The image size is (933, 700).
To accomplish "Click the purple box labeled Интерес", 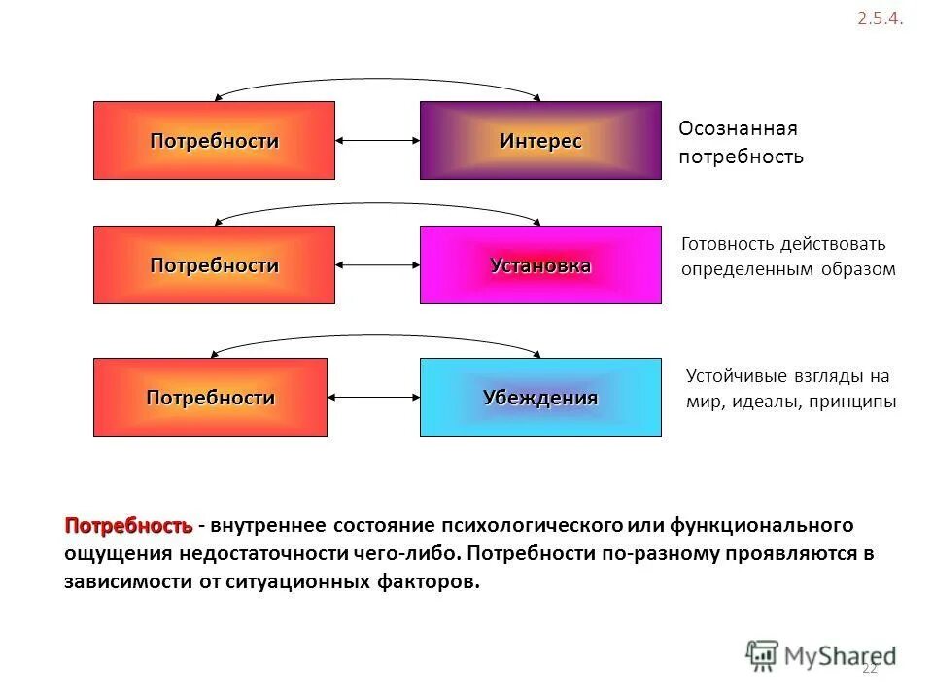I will tap(540, 141).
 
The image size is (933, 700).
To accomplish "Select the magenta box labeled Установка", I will tap(540, 265).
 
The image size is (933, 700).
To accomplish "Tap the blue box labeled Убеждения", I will tap(540, 398).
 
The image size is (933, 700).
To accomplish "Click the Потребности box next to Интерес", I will tap(214, 141).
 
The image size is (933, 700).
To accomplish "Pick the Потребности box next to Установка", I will tap(214, 265).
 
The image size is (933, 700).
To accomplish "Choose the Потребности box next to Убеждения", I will tap(210, 398).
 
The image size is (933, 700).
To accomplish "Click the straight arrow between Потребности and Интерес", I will tap(377, 142).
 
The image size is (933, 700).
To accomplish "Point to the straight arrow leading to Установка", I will tap(377, 264).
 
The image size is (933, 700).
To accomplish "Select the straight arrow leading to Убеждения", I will tap(373, 397).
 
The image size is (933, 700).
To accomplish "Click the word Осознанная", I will tap(738, 129).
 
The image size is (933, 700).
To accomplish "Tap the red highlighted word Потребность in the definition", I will tap(128, 526).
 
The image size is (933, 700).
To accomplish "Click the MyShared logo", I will tap(821, 656).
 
